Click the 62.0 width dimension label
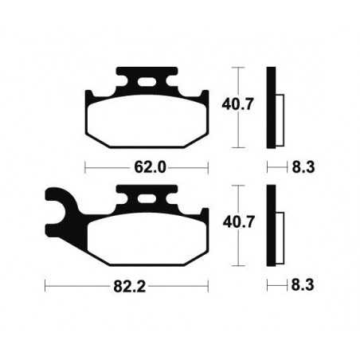146,168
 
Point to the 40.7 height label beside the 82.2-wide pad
238,225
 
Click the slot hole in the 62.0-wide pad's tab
146,82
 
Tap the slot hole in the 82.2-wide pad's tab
146,201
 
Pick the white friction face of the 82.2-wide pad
146,240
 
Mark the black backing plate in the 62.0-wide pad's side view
272,106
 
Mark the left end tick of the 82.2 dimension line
45,284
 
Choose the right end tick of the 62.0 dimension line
207,168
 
